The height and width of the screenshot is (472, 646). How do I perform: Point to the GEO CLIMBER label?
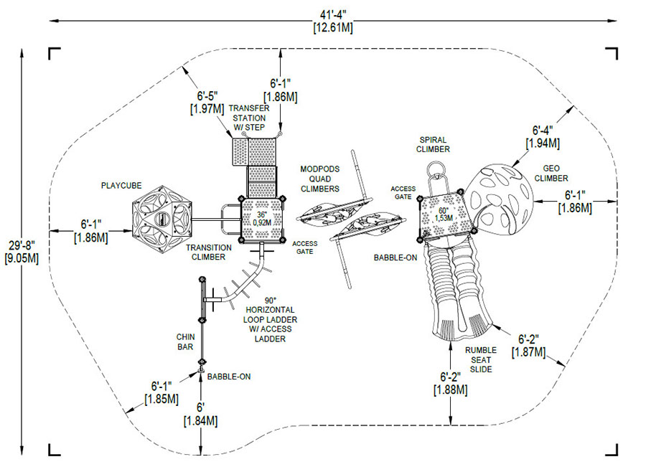(551, 173)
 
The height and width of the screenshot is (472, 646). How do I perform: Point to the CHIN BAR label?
(184, 341)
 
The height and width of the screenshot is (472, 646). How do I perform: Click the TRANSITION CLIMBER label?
(209, 252)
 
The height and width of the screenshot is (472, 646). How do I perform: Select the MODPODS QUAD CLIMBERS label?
(320, 179)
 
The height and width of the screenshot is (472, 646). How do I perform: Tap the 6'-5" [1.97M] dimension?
(206, 101)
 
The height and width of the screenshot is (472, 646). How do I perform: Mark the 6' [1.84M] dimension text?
(202, 415)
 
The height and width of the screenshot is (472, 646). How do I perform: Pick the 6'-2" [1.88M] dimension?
(451, 383)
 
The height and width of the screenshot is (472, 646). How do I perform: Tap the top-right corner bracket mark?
(612, 53)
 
